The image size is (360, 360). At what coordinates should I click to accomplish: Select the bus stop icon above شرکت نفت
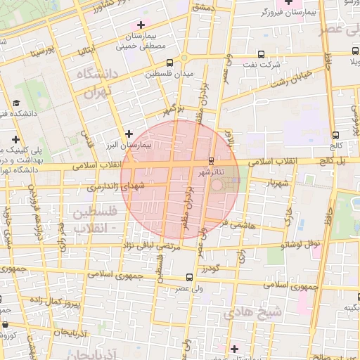click(260, 53)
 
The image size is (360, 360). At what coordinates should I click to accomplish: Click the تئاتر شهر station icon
click(212, 161)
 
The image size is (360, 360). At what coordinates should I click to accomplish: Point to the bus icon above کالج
click(335, 136)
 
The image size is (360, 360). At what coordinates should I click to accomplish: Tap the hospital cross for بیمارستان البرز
click(129, 134)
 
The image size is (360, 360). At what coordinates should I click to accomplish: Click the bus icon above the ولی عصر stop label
click(188, 277)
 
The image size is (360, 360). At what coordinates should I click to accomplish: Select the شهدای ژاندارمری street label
click(117, 186)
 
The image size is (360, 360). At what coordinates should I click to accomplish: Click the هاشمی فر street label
click(233, 223)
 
